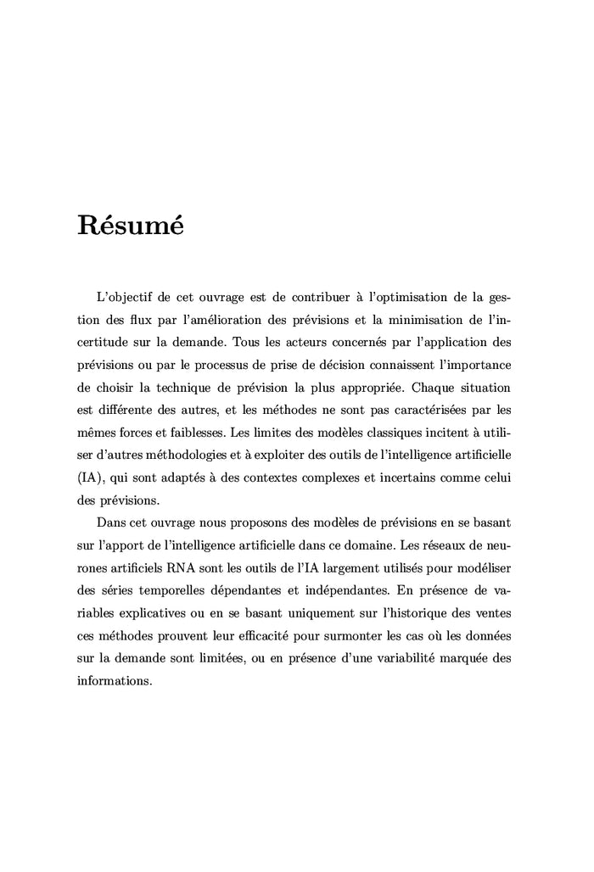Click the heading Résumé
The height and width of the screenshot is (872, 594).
pyautogui.click(x=129, y=226)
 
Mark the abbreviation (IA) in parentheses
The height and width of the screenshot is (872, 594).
pyautogui.click(x=89, y=476)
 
